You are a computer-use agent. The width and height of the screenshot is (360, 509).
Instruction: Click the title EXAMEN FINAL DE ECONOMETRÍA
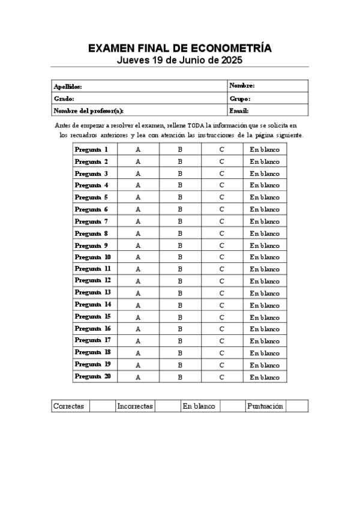[x=180, y=48]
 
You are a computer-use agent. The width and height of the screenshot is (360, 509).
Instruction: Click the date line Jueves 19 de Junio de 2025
[x=180, y=61]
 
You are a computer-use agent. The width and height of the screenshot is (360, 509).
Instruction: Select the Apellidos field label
[x=68, y=86]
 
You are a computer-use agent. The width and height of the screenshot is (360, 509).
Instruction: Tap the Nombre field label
[x=242, y=86]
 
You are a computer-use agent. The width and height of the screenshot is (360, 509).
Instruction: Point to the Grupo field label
[x=239, y=98]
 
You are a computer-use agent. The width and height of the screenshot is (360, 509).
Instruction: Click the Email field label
[x=239, y=110]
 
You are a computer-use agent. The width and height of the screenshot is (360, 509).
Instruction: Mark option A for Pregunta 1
[x=138, y=149]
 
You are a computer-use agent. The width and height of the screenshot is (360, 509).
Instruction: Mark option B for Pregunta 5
[x=179, y=197]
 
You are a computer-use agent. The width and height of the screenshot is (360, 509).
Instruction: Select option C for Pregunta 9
[x=221, y=245]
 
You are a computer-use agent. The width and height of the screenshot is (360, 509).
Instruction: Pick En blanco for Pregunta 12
[x=265, y=281]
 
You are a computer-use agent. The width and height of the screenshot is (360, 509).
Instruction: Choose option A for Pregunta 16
[x=138, y=329]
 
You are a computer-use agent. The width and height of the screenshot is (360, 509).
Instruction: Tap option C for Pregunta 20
[x=221, y=377]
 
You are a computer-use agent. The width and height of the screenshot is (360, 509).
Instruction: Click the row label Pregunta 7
[x=91, y=221]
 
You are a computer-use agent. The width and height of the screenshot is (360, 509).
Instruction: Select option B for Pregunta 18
[x=179, y=353]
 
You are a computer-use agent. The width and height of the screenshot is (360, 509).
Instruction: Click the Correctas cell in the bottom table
[x=68, y=406]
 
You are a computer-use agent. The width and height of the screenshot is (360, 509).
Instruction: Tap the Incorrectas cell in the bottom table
[x=135, y=406]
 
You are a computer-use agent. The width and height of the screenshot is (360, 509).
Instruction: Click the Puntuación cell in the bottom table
[x=265, y=406]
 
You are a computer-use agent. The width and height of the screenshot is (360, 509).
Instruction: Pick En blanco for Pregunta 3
[x=265, y=173]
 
